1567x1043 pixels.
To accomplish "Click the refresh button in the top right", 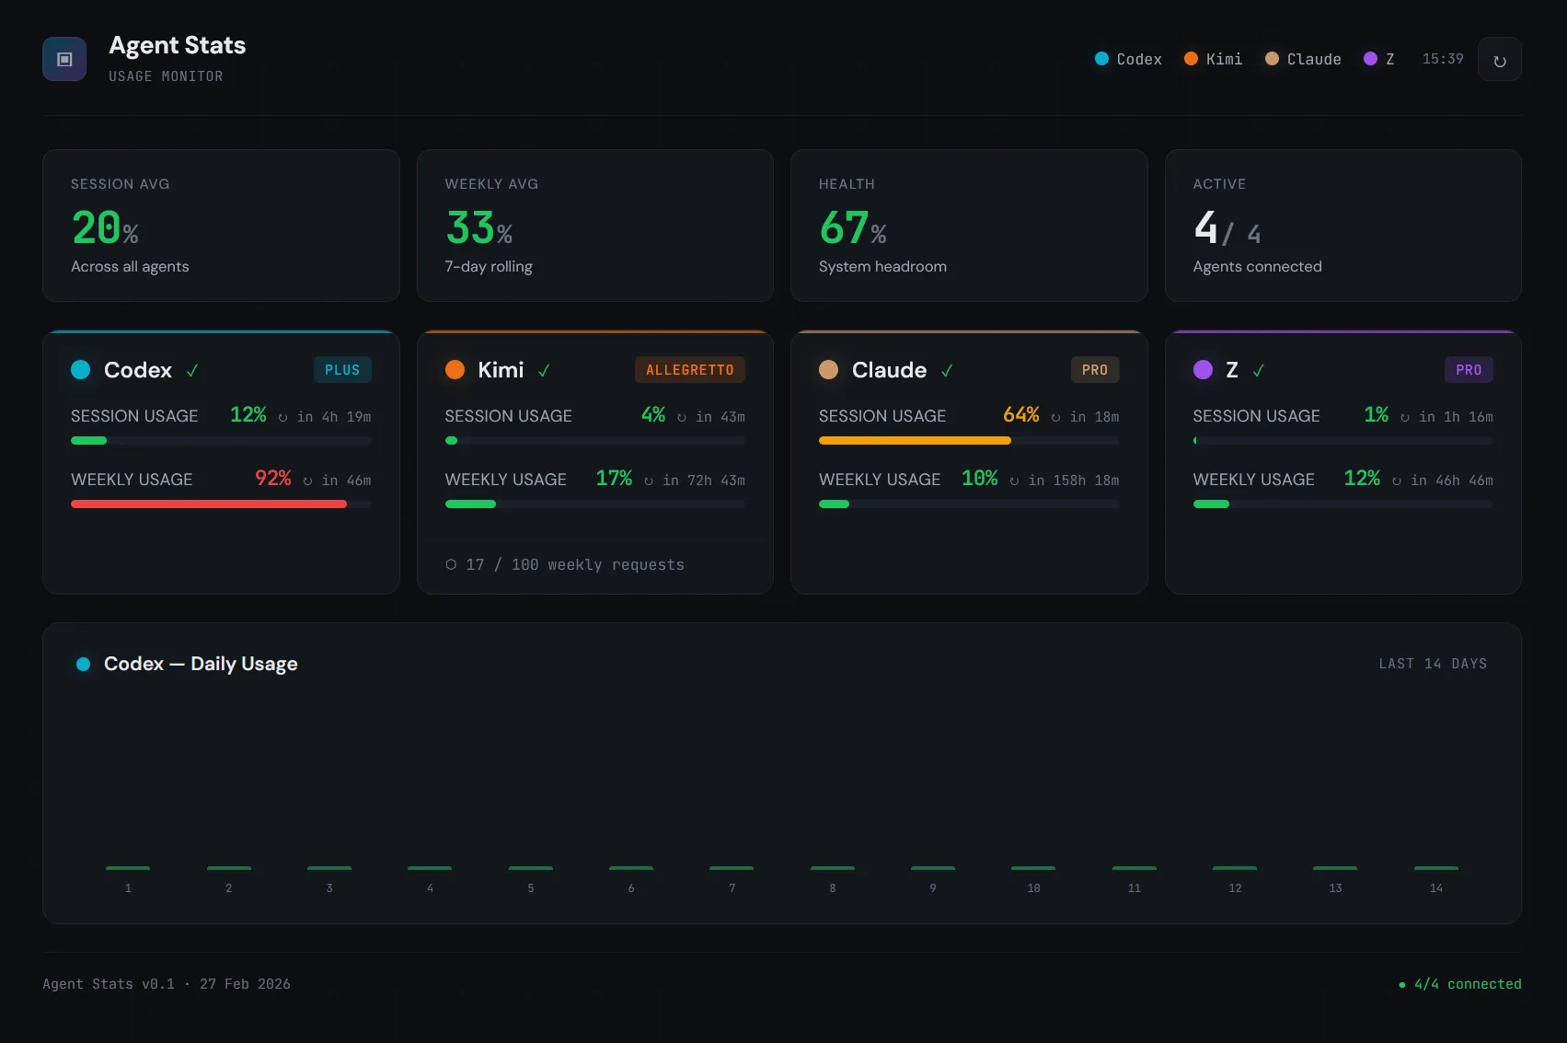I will pos(1499,60).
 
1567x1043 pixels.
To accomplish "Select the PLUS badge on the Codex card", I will pos(342,370).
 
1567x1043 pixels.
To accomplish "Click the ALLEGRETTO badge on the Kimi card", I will pos(689,370).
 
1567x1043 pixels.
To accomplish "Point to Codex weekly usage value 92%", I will pos(272,479).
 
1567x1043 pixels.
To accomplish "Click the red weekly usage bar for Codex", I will pos(209,504).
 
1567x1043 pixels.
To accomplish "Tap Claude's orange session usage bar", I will pos(915,441).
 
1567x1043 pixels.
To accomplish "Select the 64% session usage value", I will pos(1020,415).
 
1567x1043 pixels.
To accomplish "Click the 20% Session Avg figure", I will pos(105,228).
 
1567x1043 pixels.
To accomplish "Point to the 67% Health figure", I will pos(852,228).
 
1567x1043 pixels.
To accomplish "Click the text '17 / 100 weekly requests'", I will pos(574,565).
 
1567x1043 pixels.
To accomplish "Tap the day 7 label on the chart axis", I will pos(732,888).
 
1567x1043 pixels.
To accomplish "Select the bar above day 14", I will pos(1435,868).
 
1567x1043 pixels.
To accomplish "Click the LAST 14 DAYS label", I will pos(1433,664).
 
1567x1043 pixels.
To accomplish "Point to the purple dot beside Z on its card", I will pos(1203,370).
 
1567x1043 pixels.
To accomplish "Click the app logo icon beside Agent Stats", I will pos(64,60).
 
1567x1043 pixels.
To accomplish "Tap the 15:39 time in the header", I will pos(1442,59).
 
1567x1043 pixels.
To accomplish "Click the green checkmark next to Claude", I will pos(947,371).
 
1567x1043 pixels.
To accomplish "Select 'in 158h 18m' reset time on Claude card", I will pos(1073,481).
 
